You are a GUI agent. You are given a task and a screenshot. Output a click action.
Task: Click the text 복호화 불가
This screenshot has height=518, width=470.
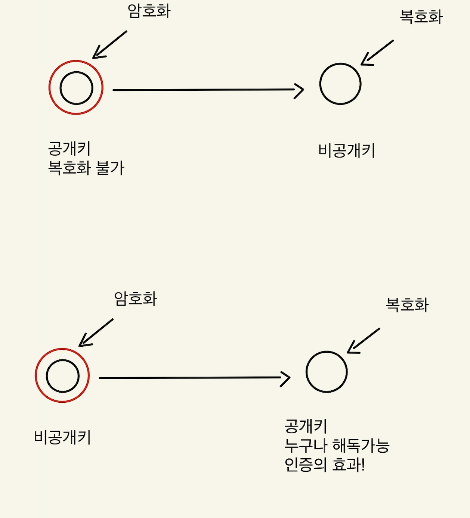point(86,168)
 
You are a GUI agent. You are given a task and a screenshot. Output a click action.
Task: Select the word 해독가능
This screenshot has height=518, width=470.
point(361,446)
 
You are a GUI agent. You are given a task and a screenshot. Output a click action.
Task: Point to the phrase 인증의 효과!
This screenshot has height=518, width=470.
point(324,465)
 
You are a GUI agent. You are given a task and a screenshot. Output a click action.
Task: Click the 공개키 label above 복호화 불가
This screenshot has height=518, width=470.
point(69,149)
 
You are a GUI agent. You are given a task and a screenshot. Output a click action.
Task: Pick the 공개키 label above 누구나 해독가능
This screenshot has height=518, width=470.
point(306,426)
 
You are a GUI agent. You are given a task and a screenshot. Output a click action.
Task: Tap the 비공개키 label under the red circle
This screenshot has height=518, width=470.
point(62,437)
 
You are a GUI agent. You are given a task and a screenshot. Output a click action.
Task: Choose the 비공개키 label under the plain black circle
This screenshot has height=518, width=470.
point(346,151)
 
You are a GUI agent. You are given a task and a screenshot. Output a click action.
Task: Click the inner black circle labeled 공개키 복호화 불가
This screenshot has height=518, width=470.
point(76,88)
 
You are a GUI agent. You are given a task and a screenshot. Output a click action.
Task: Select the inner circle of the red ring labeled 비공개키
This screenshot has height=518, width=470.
point(63,376)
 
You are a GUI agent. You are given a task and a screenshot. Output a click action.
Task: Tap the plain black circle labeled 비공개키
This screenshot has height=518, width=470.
point(340,84)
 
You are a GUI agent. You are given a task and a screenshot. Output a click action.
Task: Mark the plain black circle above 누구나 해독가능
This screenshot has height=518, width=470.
point(327,372)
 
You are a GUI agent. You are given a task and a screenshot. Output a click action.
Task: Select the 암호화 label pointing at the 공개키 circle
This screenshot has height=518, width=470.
point(149,11)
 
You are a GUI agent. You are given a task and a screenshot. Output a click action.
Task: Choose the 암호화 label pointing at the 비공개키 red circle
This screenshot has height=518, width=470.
point(135,299)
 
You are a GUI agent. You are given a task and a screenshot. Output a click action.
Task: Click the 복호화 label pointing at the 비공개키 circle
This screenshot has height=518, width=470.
point(421,17)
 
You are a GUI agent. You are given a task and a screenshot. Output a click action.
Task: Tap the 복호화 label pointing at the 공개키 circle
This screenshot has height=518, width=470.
point(407,305)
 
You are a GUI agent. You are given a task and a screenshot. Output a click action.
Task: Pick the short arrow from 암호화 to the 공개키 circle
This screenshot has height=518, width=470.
point(109,45)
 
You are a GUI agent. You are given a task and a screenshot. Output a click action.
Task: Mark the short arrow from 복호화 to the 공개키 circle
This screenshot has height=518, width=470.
point(363,341)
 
